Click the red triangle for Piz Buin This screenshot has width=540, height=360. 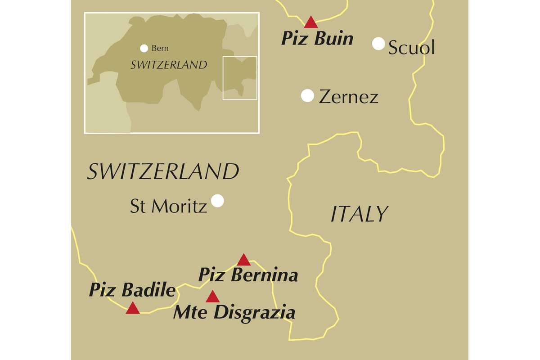(311, 22)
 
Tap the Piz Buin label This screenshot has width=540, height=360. (317, 39)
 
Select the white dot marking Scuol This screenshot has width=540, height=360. (379, 44)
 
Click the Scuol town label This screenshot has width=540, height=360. (411, 47)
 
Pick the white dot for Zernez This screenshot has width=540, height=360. (307, 95)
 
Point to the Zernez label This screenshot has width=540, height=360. (348, 97)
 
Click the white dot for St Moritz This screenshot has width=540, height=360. (217, 200)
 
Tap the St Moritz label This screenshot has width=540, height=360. (168, 206)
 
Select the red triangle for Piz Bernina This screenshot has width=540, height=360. (243, 260)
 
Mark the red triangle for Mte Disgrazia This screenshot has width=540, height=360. (212, 297)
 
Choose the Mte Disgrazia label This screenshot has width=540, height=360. (234, 312)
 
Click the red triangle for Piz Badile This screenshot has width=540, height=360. (133, 308)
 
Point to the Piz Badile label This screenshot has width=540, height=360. (132, 290)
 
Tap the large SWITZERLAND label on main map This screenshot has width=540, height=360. (162, 172)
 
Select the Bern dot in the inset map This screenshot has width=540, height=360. (144, 48)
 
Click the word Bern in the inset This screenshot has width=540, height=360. (160, 48)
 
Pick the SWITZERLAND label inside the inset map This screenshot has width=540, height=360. (169, 65)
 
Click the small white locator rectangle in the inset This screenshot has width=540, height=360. (240, 78)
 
